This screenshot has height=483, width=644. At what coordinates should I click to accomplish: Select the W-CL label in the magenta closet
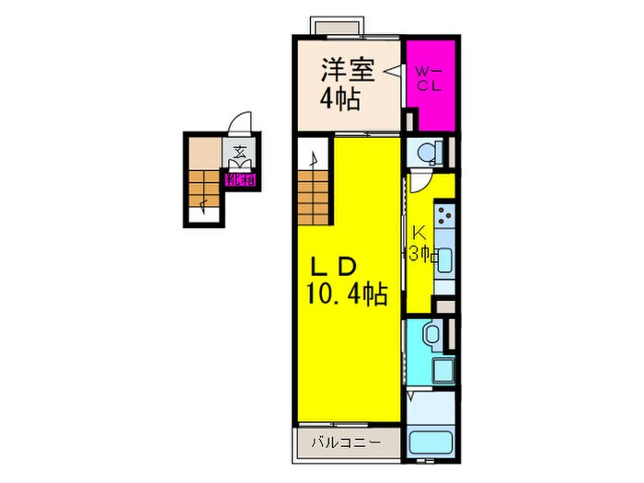click(427, 77)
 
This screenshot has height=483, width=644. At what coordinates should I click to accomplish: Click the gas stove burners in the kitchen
click(444, 219)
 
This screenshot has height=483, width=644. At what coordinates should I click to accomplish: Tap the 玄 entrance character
click(238, 153)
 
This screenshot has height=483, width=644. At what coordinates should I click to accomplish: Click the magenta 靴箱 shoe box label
click(240, 180)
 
